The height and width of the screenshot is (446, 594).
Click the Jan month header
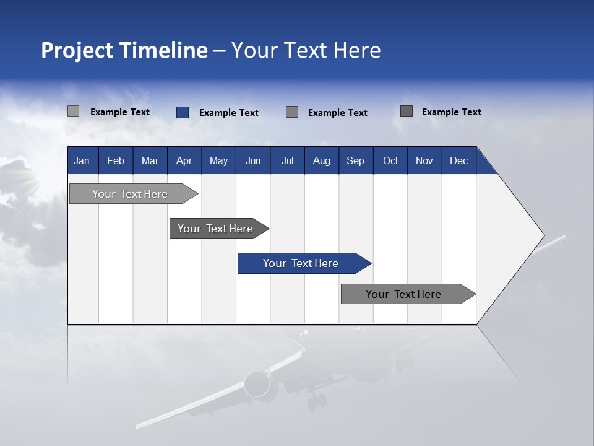(82, 160)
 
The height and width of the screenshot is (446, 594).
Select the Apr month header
(184, 160)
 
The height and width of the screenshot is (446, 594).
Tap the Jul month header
(287, 160)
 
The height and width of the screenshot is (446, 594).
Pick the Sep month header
(355, 160)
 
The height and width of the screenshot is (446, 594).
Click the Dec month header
(458, 160)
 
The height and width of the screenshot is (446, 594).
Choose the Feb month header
(116, 160)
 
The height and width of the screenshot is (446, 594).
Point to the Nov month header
(424, 160)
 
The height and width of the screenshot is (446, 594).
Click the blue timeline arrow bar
(301, 263)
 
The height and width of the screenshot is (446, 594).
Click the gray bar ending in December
(403, 294)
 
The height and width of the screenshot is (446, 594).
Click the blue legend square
(183, 112)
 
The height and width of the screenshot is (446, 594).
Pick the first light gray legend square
(74, 111)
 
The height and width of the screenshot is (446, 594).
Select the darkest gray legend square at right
(407, 111)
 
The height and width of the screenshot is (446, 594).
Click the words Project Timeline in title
(124, 50)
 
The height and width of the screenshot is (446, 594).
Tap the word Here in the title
(357, 50)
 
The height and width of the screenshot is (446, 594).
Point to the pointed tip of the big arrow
(543, 235)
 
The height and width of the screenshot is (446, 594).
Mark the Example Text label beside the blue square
(228, 113)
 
